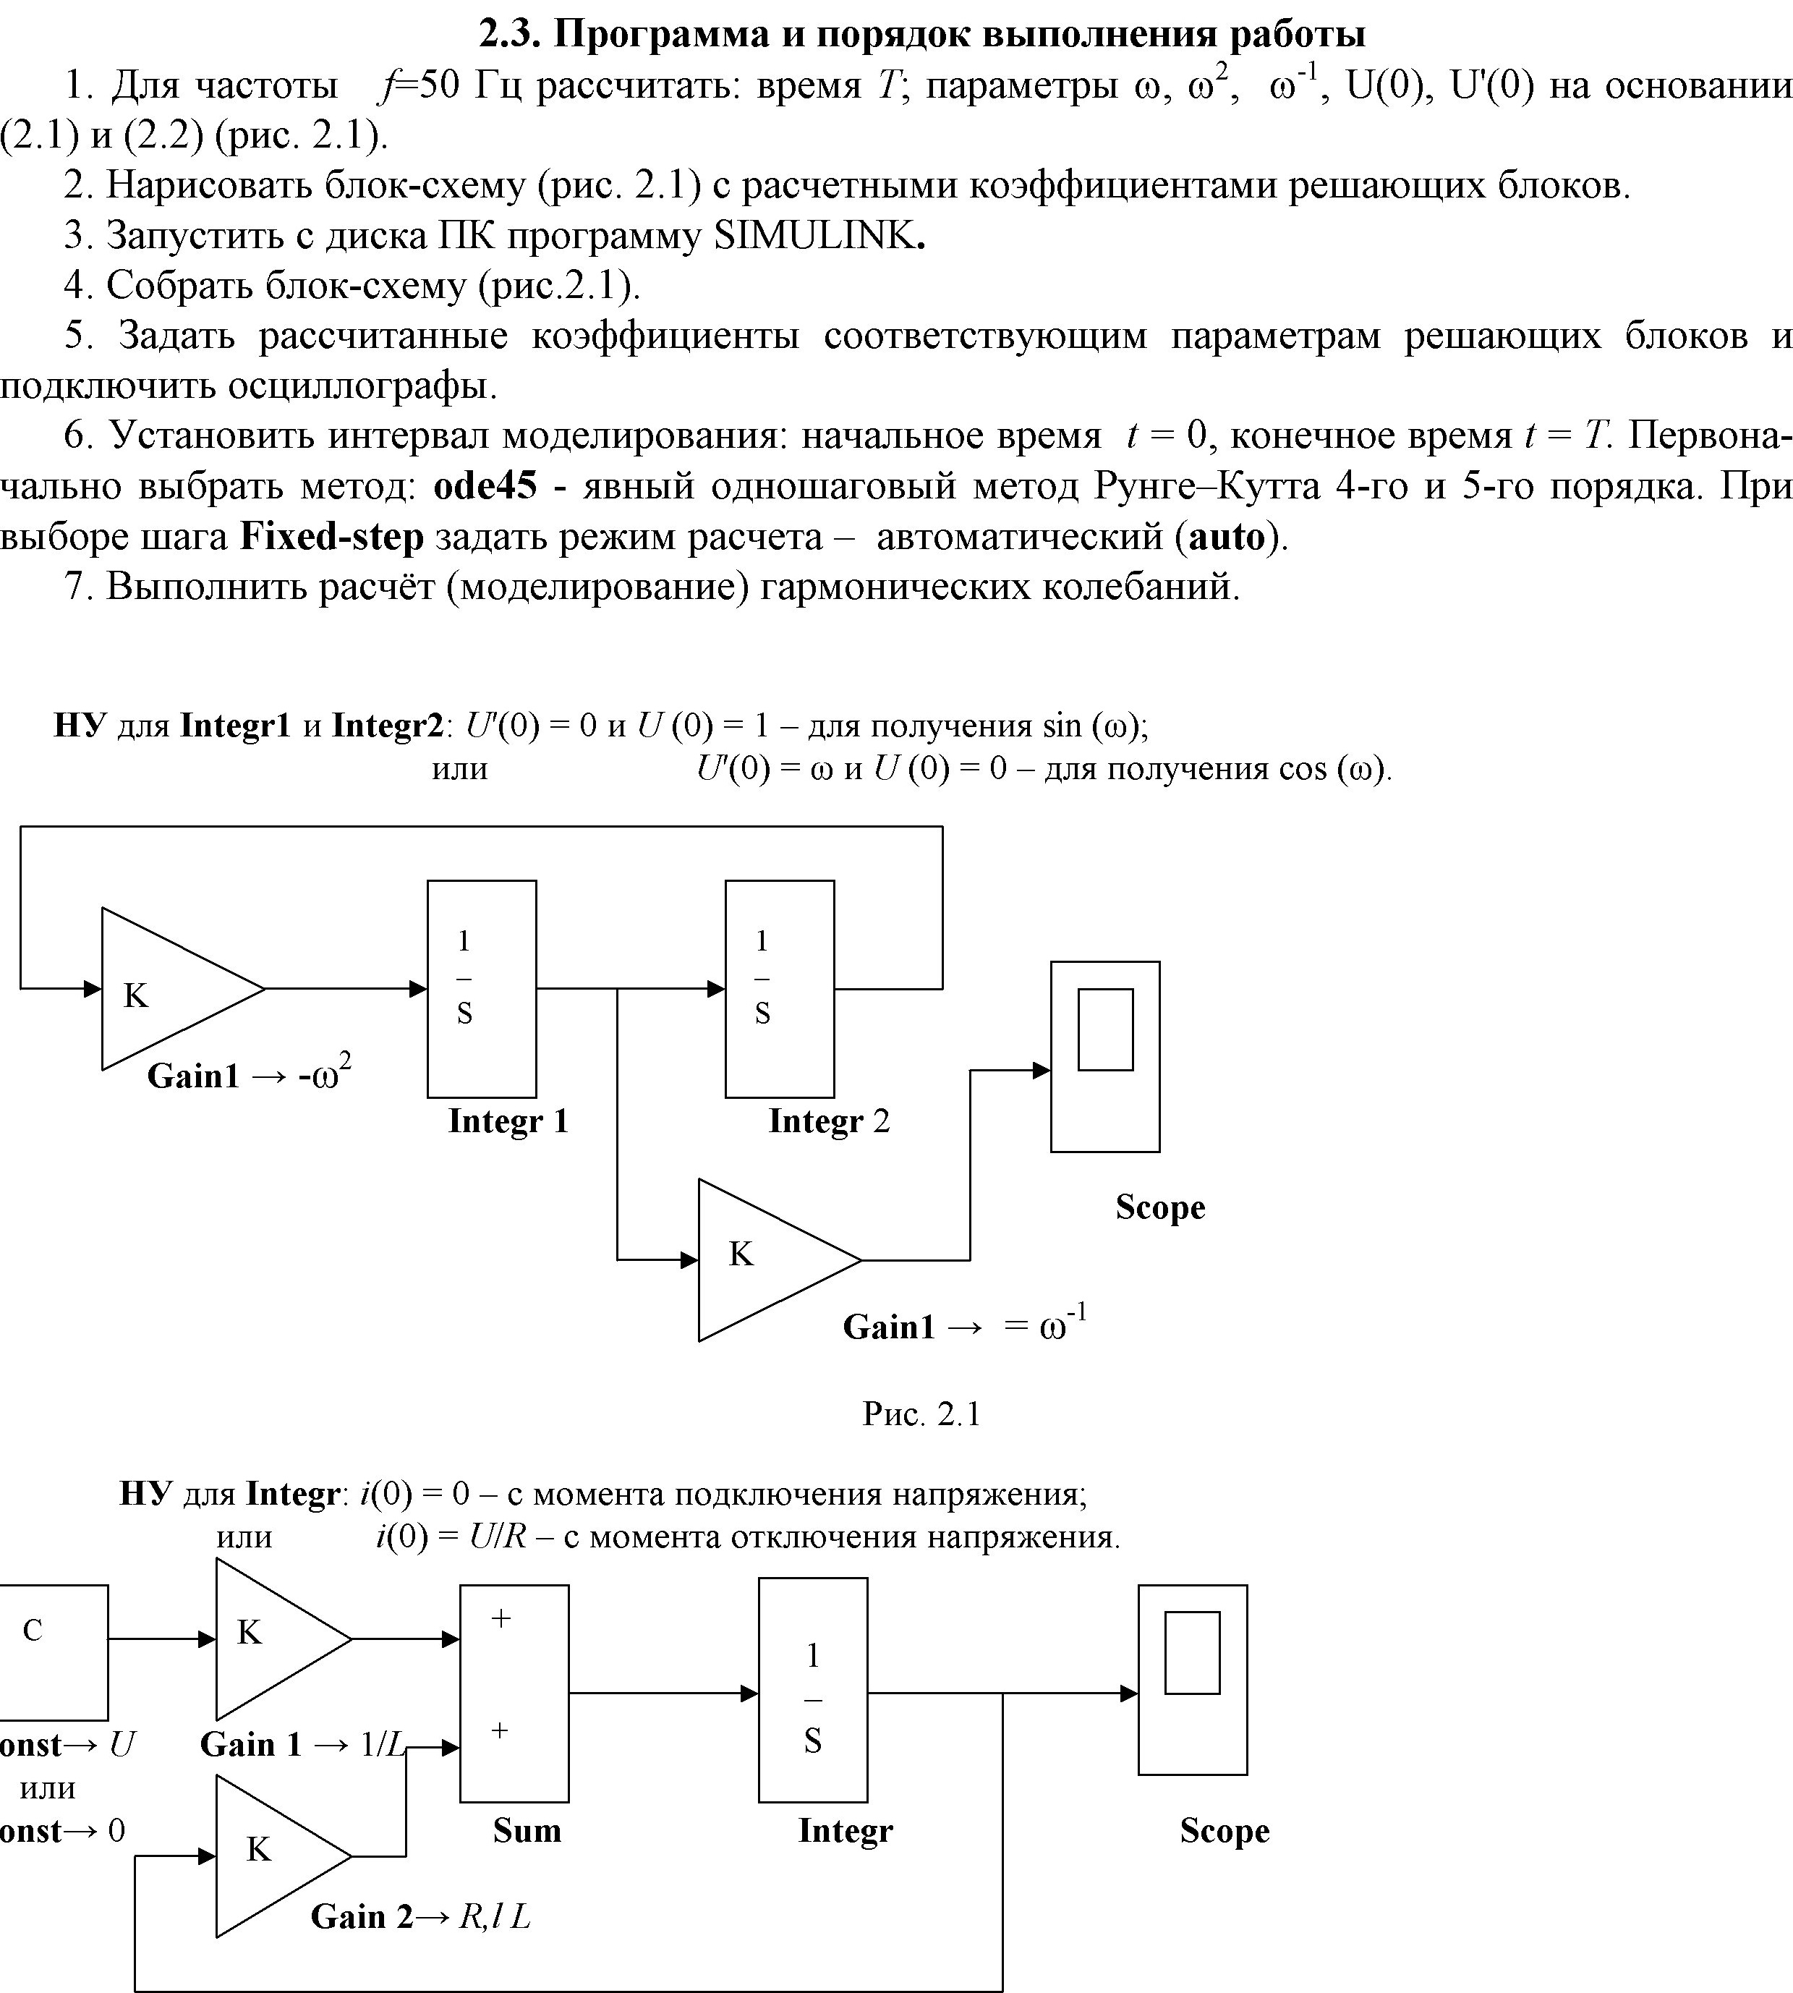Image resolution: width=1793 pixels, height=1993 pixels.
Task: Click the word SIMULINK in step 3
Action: coord(814,235)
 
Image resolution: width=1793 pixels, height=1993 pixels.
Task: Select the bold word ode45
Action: coord(486,485)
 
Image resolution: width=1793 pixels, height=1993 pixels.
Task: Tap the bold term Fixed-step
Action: coord(332,536)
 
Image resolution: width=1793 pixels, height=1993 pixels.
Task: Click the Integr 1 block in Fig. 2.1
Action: coord(482,988)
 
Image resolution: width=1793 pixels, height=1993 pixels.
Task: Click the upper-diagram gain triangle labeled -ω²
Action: coord(183,988)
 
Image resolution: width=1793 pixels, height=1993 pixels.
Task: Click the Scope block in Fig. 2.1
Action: coord(1105,1056)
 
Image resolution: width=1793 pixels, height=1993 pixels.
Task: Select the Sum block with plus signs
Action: coord(514,1693)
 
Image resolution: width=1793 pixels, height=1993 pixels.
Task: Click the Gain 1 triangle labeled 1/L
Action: coord(284,1639)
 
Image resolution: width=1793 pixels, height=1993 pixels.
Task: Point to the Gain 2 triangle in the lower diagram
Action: coord(284,1856)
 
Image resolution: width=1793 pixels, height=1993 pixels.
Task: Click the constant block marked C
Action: coord(54,1652)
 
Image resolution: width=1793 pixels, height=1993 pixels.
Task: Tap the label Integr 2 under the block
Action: coord(829,1121)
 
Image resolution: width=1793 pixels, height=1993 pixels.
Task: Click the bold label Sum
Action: coord(527,1830)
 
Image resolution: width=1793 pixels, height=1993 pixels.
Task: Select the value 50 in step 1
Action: coord(438,85)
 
